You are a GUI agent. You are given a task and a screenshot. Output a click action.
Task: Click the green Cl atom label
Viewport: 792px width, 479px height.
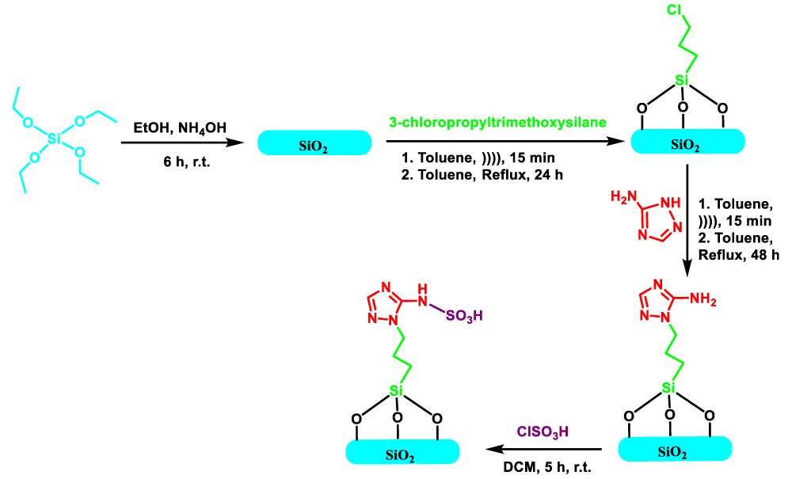pyautogui.click(x=675, y=10)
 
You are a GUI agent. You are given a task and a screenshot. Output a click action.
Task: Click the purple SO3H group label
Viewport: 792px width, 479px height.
pyautogui.click(x=464, y=316)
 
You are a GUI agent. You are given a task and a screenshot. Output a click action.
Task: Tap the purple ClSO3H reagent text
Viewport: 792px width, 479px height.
pyautogui.click(x=543, y=432)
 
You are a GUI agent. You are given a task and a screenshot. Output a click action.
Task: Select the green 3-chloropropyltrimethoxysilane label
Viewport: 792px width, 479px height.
pyautogui.click(x=497, y=123)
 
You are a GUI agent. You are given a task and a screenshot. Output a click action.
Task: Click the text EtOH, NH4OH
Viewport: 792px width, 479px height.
pyautogui.click(x=180, y=127)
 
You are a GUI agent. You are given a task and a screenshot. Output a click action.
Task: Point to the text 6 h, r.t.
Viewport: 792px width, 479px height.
pyautogui.click(x=186, y=162)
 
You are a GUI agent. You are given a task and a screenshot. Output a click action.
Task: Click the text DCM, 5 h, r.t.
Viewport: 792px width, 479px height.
pyautogui.click(x=547, y=467)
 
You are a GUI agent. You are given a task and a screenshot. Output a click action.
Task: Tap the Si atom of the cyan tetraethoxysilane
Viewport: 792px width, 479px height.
pyautogui.click(x=54, y=139)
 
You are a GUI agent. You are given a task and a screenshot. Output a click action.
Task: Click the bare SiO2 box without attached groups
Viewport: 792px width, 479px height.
pyautogui.click(x=314, y=143)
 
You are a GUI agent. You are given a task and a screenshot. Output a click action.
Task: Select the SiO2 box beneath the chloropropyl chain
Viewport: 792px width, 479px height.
pyautogui.click(x=687, y=142)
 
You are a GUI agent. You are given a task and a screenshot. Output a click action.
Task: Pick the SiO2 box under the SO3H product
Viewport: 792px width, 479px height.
pyautogui.click(x=402, y=452)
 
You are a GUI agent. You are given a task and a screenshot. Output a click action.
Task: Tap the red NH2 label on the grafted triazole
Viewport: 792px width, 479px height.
pyautogui.click(x=703, y=299)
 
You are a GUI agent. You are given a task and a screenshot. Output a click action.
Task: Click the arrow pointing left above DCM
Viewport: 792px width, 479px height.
pyautogui.click(x=543, y=449)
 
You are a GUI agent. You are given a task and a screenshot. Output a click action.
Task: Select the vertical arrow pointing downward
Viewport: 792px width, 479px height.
pyautogui.click(x=687, y=219)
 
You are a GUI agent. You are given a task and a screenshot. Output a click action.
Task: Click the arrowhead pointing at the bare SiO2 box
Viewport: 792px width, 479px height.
pyautogui.click(x=235, y=143)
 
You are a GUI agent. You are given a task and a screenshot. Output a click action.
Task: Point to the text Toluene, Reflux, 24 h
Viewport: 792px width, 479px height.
pyautogui.click(x=482, y=175)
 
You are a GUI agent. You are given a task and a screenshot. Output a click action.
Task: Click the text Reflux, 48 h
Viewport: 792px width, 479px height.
pyautogui.click(x=738, y=255)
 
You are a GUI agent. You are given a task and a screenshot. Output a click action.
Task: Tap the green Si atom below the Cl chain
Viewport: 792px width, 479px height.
pyautogui.click(x=682, y=80)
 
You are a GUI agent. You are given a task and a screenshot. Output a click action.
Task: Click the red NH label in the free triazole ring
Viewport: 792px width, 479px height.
pyautogui.click(x=670, y=203)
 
